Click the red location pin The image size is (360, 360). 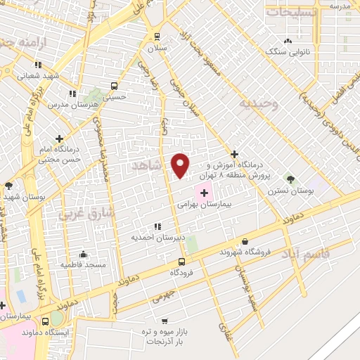tap(181, 164)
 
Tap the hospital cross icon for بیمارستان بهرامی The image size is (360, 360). tap(205, 193)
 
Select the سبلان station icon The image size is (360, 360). tap(156, 37)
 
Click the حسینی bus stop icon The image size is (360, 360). tap(114, 86)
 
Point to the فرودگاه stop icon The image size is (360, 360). tap(183, 260)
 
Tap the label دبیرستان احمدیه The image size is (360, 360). tap(158, 237)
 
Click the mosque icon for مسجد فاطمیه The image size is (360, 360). tap(84, 254)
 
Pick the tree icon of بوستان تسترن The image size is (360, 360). tap(288, 179)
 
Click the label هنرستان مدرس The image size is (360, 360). tap(72, 104)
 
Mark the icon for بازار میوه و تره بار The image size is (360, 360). tap(163, 320)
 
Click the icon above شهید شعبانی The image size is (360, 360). tap(38, 65)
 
